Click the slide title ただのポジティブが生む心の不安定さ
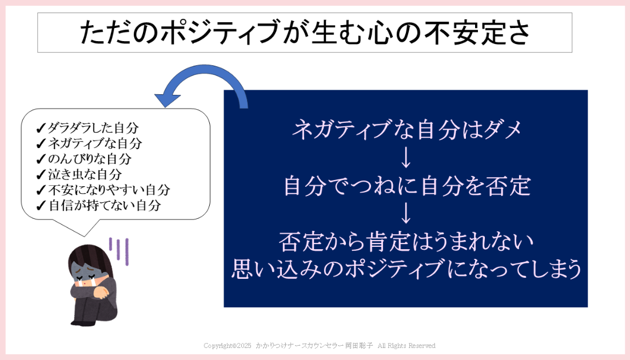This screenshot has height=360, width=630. point(305,33)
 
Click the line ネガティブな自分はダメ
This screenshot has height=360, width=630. point(406,130)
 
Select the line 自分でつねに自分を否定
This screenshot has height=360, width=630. point(406,186)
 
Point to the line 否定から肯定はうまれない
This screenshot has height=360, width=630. point(406,242)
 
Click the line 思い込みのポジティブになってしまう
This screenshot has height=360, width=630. point(406,269)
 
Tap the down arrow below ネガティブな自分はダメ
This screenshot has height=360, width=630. point(406,158)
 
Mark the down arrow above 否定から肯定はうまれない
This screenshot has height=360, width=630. point(406,213)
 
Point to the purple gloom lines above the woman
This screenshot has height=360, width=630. point(119,251)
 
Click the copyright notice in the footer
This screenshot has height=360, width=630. point(320,346)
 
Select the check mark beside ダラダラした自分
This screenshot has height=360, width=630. point(41,128)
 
